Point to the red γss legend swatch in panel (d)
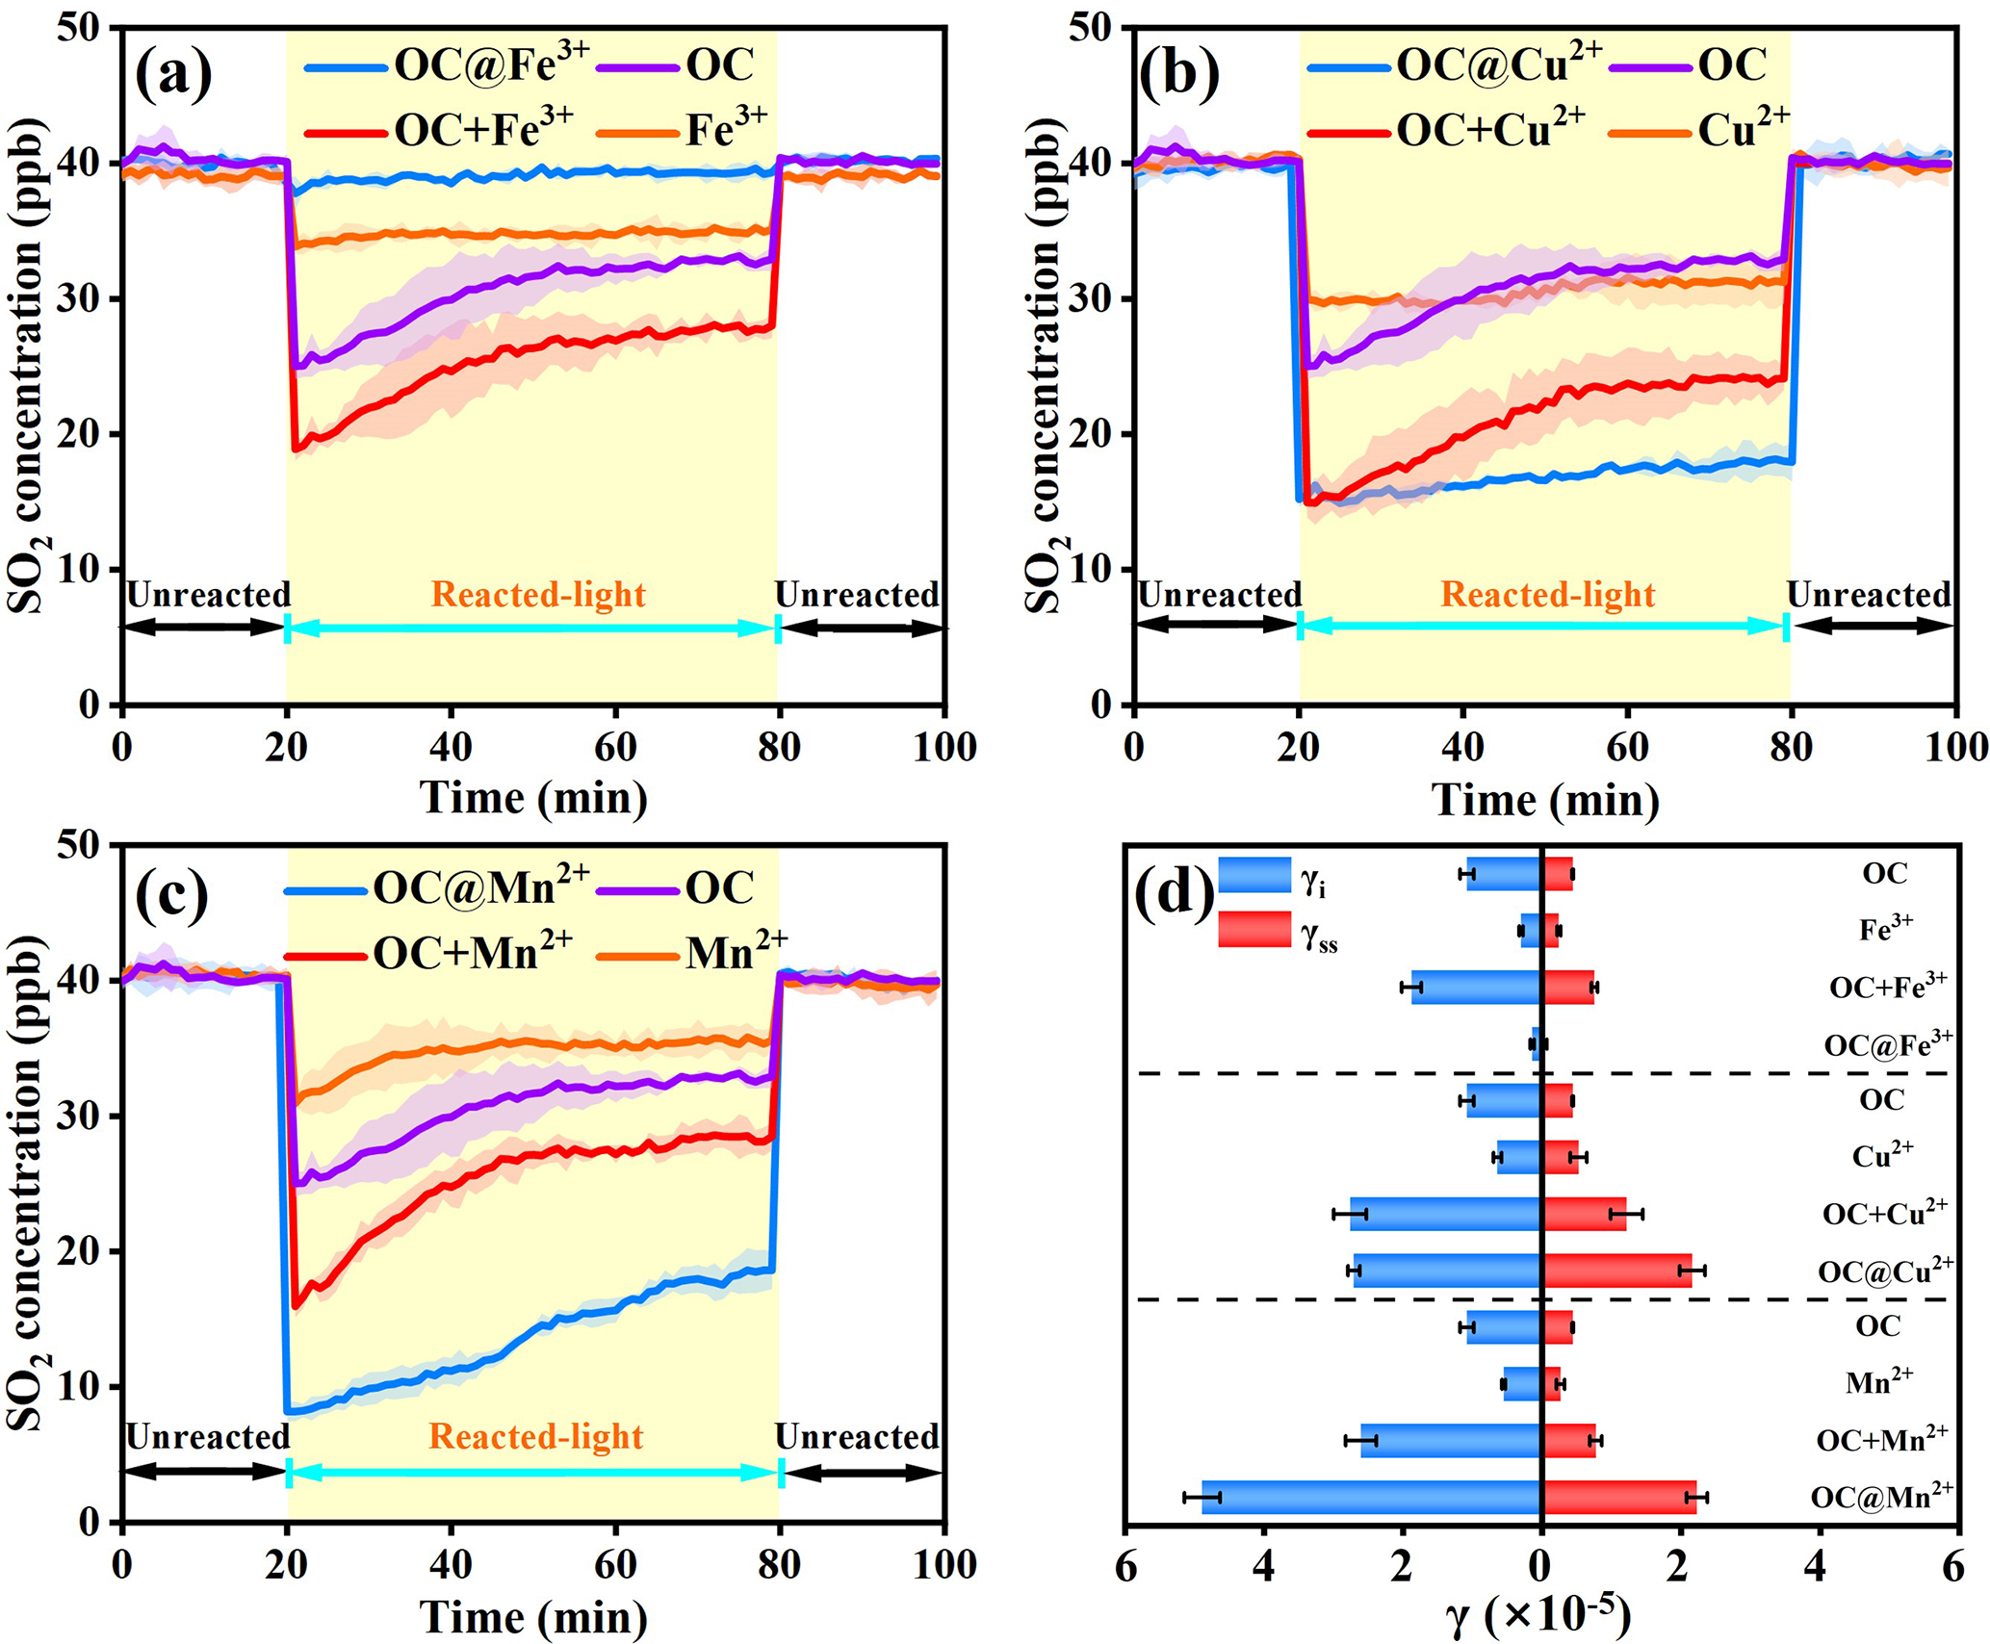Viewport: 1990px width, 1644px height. (1254, 930)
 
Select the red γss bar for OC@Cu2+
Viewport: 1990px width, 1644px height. (1617, 1271)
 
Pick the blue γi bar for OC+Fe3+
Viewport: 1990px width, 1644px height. (1477, 988)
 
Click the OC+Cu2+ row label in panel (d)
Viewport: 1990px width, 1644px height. (1885, 1212)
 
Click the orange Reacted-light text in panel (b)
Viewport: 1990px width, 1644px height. (1548, 595)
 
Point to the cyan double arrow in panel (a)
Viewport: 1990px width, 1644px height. (532, 629)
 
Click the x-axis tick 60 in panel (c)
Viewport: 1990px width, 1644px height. (615, 1564)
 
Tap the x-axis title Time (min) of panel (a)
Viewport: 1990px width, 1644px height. (533, 798)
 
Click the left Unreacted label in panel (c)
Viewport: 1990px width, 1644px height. (208, 1436)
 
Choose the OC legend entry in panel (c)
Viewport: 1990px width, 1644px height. (675, 887)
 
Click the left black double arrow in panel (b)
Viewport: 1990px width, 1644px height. (1217, 625)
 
